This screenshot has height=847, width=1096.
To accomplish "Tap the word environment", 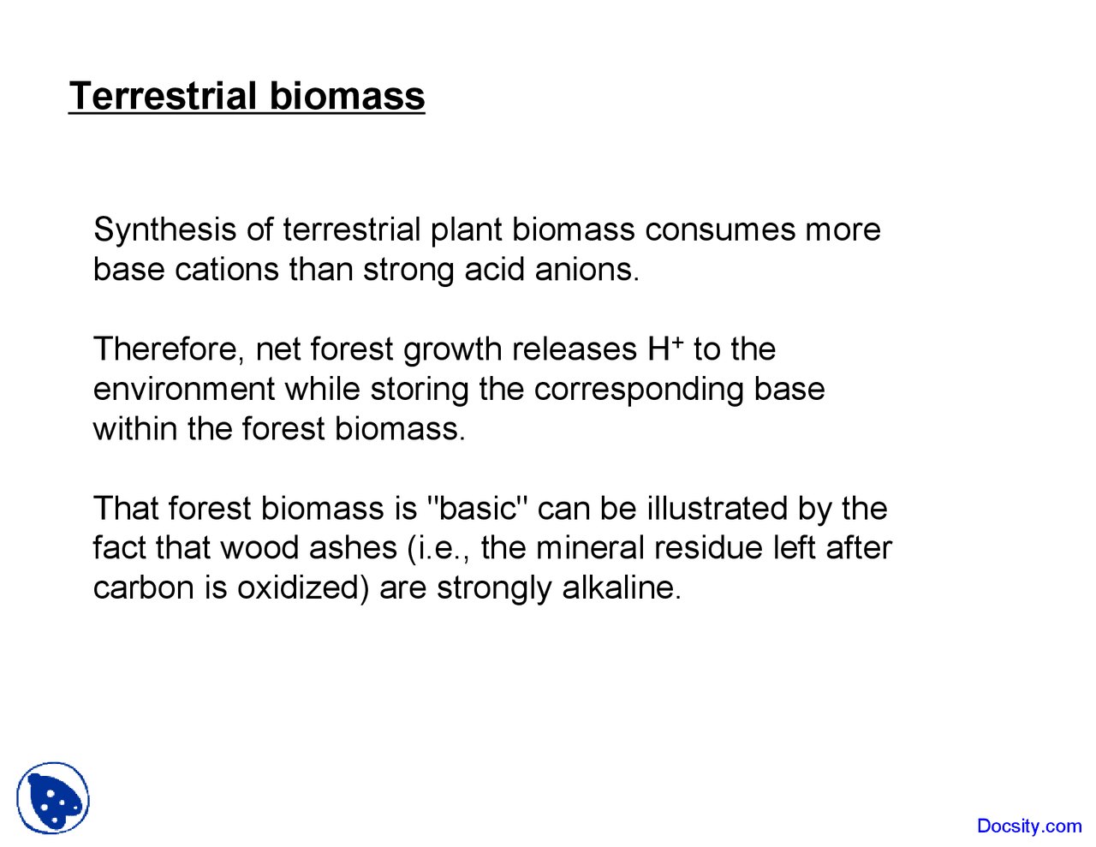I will (183, 390).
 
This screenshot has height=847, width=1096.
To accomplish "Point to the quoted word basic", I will (476, 509).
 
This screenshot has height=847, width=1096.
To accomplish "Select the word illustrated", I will (717, 509).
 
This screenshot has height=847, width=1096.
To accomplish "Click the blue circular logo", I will (53, 798).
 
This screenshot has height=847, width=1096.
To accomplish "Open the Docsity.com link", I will (1029, 826).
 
